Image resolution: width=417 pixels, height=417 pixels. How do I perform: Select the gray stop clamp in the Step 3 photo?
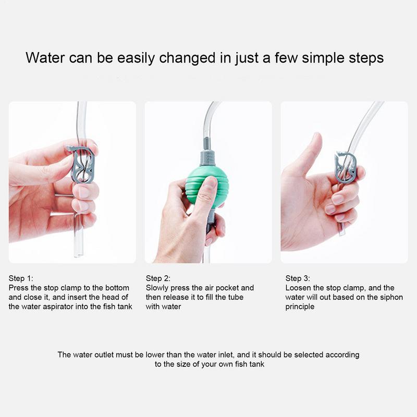click(x=345, y=167)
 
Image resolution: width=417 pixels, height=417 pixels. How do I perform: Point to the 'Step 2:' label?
click(x=158, y=278)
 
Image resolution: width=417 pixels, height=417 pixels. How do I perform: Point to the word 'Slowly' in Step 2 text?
click(x=157, y=288)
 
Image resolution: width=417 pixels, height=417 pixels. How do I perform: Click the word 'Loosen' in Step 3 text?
click(x=299, y=288)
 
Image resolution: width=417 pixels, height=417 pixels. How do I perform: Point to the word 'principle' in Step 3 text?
click(x=300, y=306)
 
